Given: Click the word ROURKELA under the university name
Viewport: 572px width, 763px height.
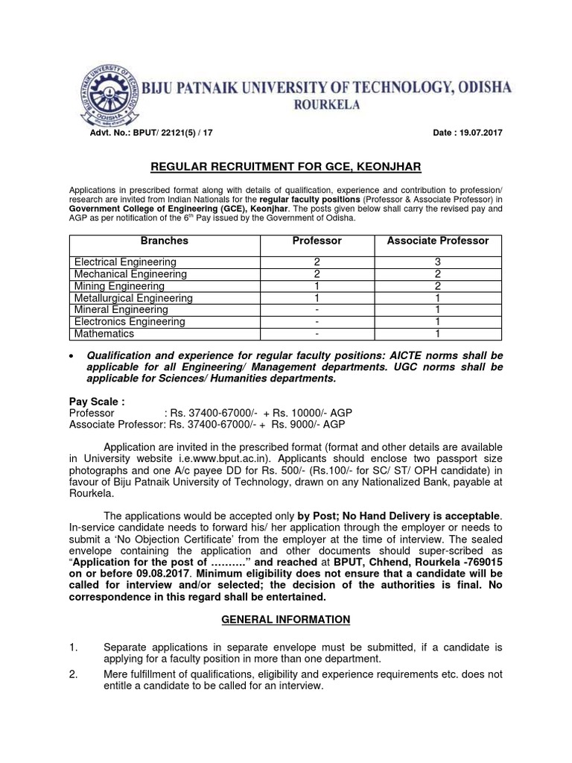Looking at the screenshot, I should (325, 105).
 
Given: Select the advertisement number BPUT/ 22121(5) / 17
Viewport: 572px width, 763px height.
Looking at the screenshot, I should (166, 133).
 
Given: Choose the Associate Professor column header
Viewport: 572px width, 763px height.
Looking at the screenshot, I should (438, 241).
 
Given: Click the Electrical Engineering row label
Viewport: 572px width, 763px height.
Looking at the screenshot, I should (125, 262).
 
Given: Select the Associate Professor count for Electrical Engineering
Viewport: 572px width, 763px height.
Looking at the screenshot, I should (438, 262).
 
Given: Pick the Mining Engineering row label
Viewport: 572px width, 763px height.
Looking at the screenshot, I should (119, 286).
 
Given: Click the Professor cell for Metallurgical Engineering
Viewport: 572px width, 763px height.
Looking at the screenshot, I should (317, 298).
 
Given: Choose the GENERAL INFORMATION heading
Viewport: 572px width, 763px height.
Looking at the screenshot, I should (285, 619).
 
